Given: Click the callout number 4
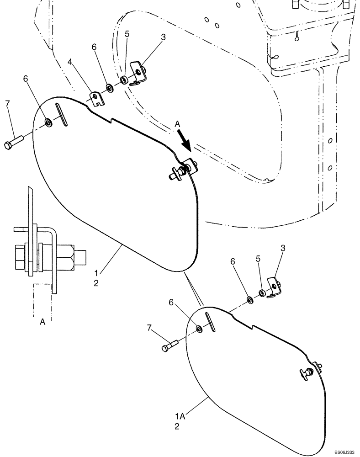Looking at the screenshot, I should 71,61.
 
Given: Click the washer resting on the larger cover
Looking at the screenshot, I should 49,122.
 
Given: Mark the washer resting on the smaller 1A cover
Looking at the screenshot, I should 199,329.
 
